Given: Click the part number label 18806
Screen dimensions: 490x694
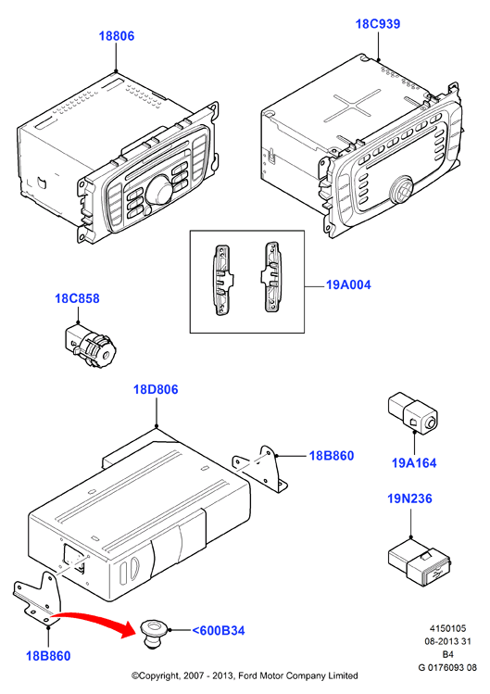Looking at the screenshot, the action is pos(117,36).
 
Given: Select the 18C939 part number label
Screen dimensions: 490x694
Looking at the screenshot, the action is pos(378,24).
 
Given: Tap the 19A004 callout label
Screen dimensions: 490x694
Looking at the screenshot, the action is pos(348,284).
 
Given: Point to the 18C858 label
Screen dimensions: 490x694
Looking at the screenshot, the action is pos(77,298).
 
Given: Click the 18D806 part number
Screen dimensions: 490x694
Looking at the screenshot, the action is pos(156,389).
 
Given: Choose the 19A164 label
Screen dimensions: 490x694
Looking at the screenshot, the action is pos(414,463).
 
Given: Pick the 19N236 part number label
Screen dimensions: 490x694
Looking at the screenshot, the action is pos(410,498).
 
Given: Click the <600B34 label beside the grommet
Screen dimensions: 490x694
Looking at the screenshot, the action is pos(219,630).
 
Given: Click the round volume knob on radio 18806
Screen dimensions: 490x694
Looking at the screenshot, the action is pos(157,188).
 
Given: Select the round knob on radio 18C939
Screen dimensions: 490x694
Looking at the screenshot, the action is pos(400,189).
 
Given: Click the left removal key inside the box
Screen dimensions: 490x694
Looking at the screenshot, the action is pos(222,280).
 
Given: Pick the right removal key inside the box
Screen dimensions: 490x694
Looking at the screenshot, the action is pos(270,277).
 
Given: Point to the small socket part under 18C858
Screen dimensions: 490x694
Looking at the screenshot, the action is pos(91,346).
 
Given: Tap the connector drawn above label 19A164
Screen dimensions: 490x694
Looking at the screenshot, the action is pos(412,412).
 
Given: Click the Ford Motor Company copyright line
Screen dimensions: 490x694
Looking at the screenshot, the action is pos(245,675).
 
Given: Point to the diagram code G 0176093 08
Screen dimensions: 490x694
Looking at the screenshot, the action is pos(447,667).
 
